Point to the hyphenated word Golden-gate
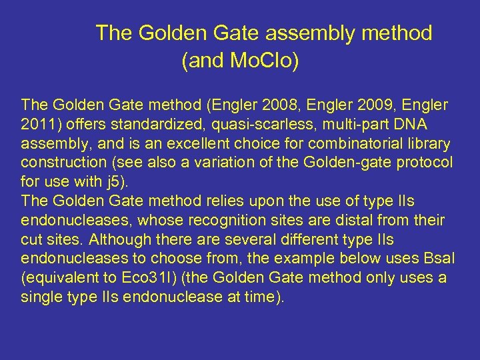click(x=347, y=163)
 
